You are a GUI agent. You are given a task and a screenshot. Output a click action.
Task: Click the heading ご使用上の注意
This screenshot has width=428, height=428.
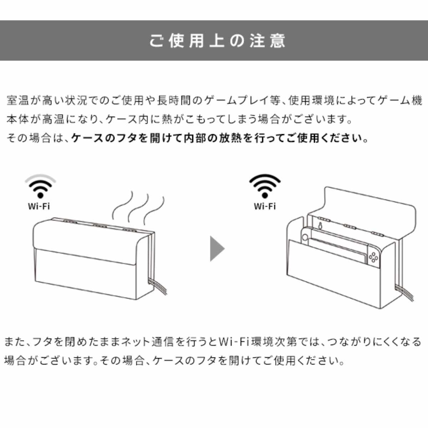click(x=217, y=41)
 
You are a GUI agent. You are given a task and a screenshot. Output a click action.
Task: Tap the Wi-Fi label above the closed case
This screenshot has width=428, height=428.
click(x=39, y=207)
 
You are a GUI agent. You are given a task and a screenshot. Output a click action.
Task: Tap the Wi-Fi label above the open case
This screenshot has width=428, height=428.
click(x=265, y=207)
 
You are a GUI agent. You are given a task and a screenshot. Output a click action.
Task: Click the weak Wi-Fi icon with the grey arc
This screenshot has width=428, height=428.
click(x=40, y=186)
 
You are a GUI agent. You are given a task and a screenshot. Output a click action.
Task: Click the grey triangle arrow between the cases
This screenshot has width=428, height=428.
click(x=217, y=249)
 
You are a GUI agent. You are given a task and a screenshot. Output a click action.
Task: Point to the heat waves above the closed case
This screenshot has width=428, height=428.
click(x=138, y=208)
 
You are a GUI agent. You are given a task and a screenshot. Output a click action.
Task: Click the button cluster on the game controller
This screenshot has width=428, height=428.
click(x=373, y=258)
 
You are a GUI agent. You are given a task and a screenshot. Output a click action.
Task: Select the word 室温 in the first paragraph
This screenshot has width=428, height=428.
click(x=18, y=101)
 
